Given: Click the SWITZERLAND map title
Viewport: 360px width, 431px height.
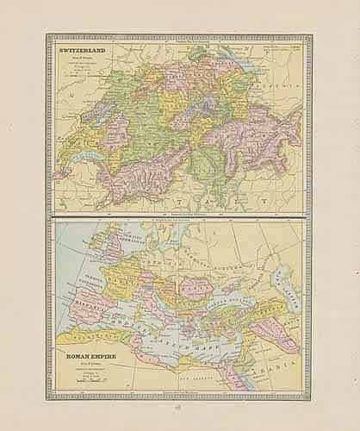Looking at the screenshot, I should coord(83,53).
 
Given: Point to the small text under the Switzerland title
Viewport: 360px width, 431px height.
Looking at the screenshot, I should coord(82,66).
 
